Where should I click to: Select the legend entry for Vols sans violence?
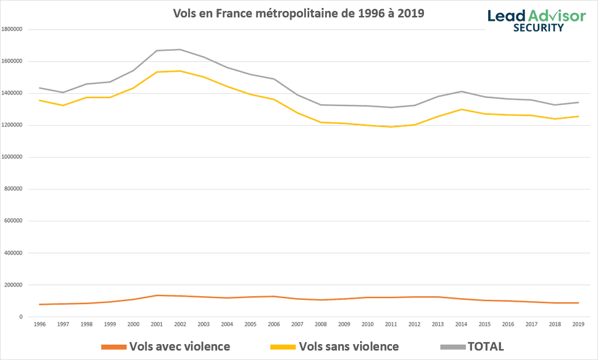point(335,347)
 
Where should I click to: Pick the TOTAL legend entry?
point(472,347)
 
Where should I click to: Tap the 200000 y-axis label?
point(13,285)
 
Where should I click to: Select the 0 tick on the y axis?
point(21,317)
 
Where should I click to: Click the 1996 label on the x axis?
point(39,324)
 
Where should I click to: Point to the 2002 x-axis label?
point(180,324)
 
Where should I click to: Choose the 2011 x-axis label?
point(390,324)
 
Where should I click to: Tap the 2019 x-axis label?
point(577,324)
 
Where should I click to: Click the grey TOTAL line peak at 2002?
point(180,50)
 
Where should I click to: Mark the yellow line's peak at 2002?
point(180,71)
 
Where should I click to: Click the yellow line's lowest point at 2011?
point(390,127)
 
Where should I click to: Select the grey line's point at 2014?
point(460,91)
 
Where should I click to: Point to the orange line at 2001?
point(156,296)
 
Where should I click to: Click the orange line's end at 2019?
point(577,303)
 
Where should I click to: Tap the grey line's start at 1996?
point(39,88)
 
